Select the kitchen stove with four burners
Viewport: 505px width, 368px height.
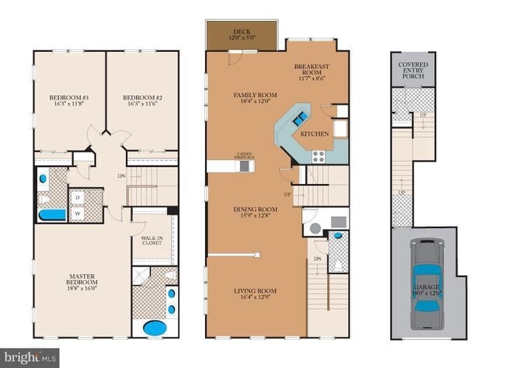click(319, 155)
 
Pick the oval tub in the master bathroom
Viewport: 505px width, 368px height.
click(155, 328)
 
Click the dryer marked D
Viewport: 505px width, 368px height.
click(78, 196)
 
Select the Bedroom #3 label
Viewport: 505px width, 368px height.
click(69, 97)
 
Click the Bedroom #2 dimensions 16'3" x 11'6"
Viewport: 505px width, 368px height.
click(141, 105)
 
